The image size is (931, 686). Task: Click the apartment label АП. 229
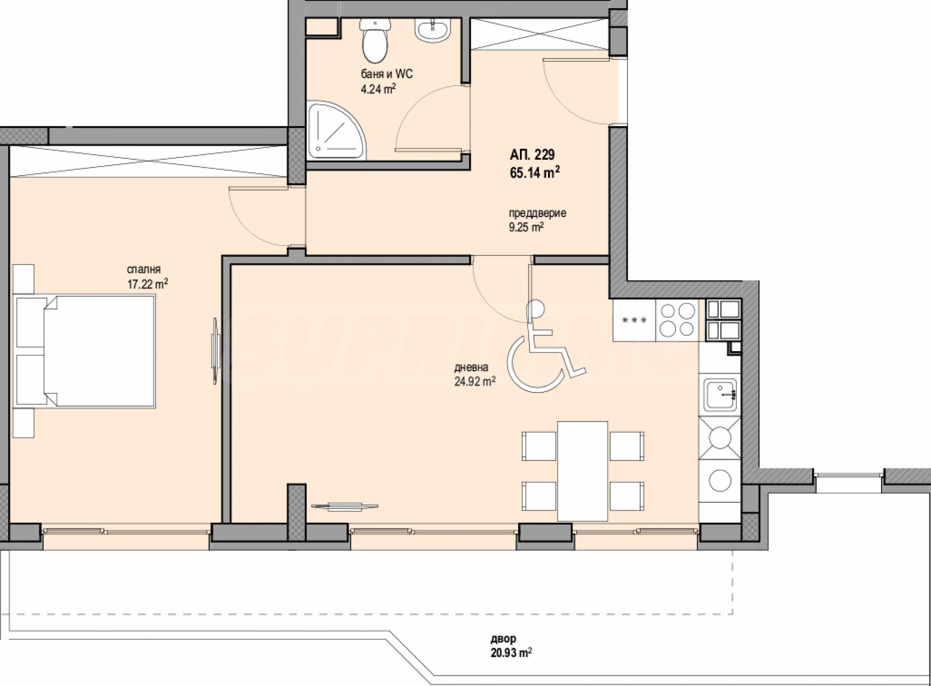tap(532, 155)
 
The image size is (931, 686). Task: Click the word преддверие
tap(538, 213)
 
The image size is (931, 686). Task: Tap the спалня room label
tap(144, 270)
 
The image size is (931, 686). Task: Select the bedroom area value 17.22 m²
tap(147, 284)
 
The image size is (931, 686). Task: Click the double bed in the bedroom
tap(85, 351)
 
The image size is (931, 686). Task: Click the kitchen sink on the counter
tap(720, 394)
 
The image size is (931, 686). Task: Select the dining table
tap(583, 471)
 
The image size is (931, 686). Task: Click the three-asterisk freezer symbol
tap(634, 320)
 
